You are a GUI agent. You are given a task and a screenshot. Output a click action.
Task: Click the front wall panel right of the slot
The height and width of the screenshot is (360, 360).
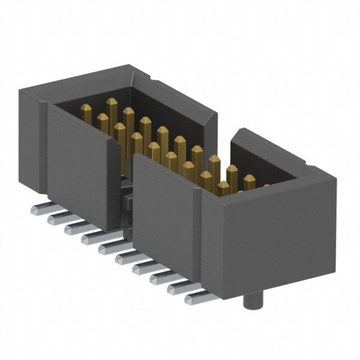click(x=163, y=214)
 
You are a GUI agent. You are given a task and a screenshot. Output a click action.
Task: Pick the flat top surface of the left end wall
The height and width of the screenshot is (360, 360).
click(x=73, y=84)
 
